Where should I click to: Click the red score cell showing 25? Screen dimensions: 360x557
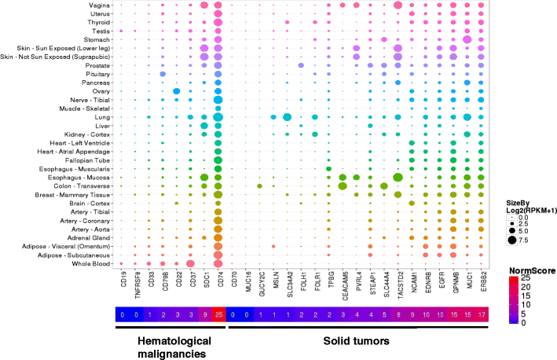click(x=218, y=315)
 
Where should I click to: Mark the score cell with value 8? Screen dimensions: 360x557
click(x=398, y=315)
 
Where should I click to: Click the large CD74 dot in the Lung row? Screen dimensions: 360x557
click(x=218, y=117)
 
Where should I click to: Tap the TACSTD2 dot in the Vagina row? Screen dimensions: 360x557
click(x=398, y=6)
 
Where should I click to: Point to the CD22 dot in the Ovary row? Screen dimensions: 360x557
click(x=177, y=91)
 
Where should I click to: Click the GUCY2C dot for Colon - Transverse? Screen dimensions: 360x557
click(x=259, y=186)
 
